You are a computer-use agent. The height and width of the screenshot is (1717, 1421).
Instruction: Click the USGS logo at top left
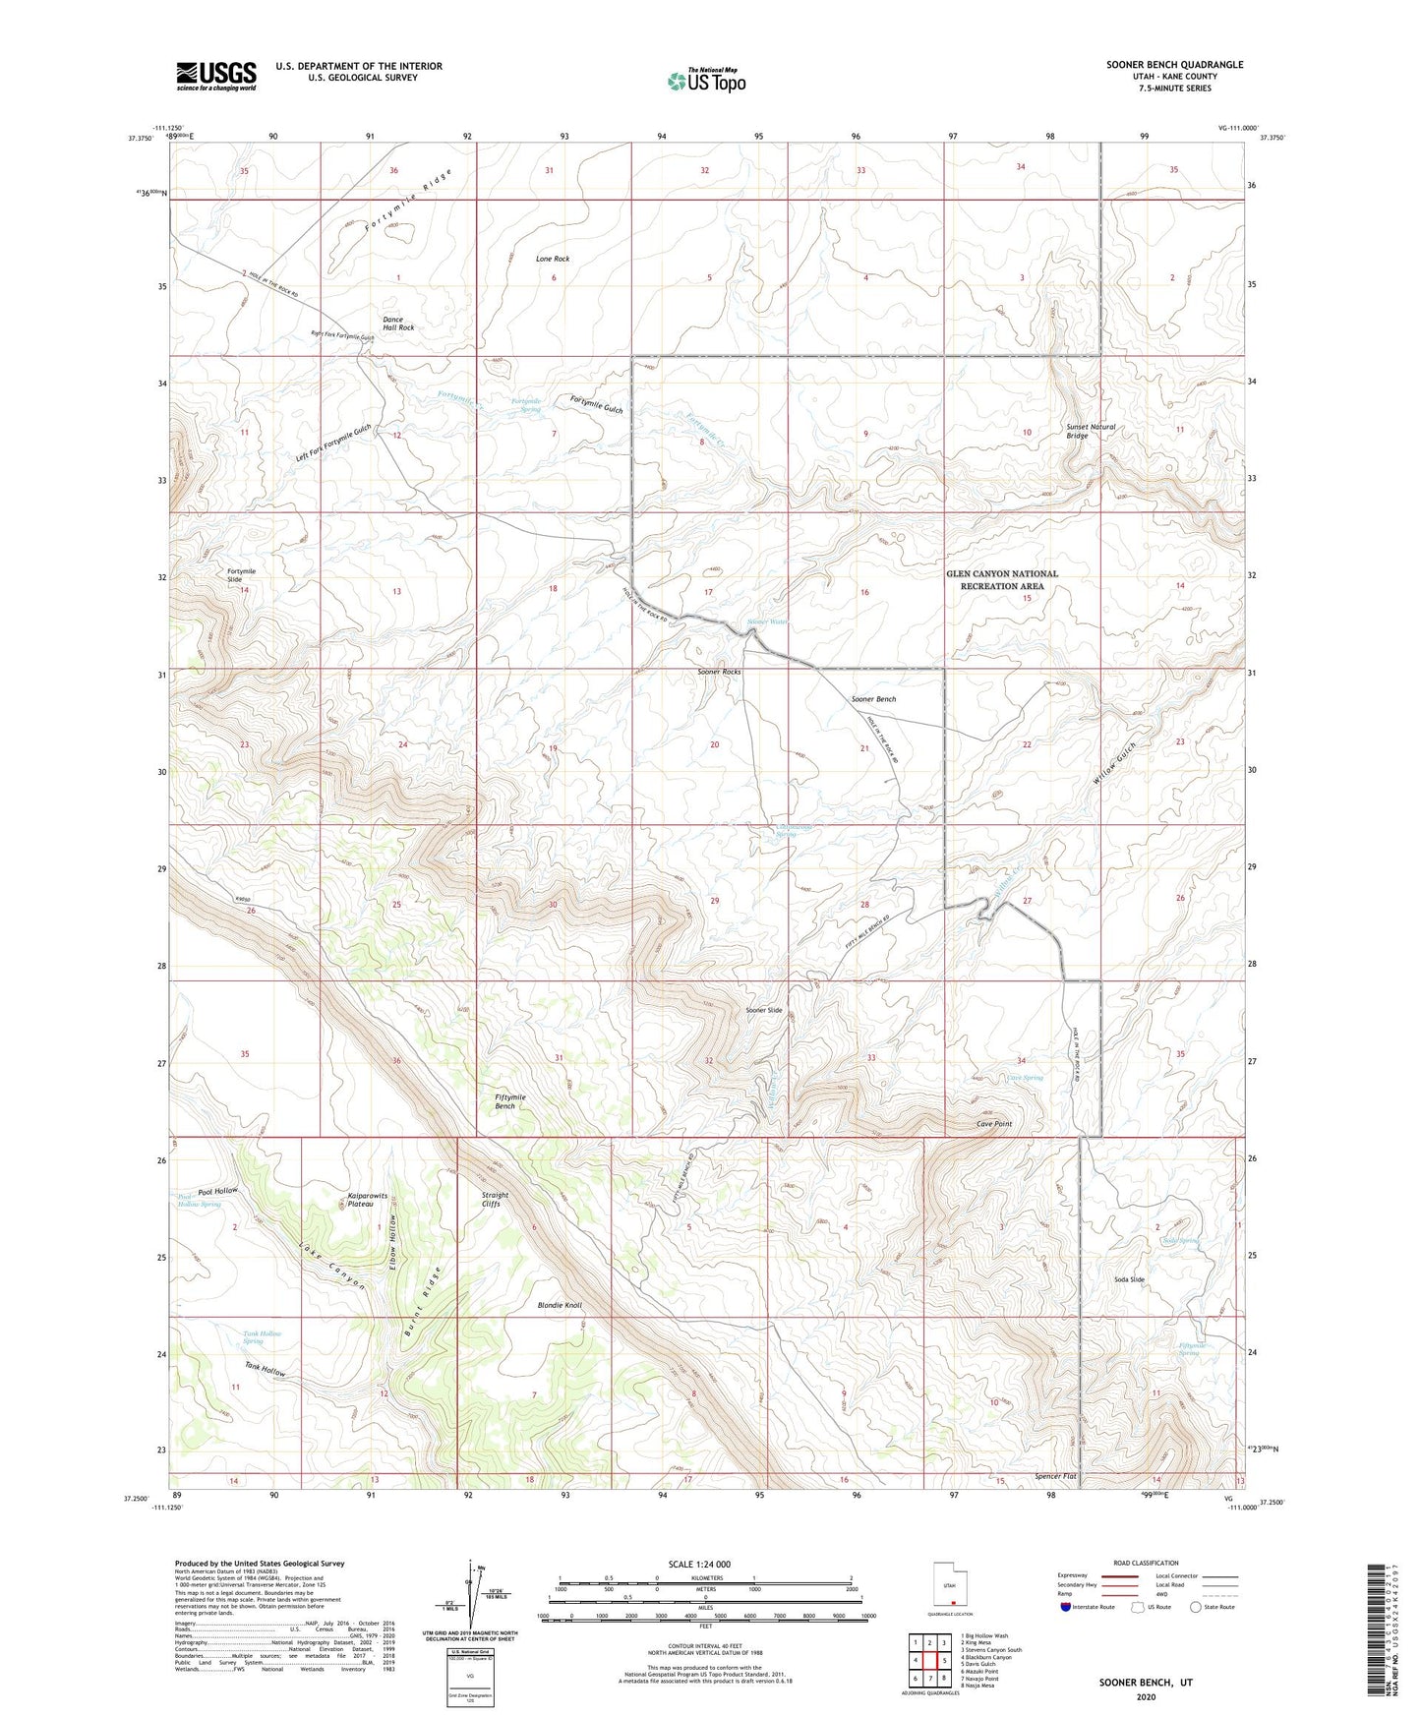click(x=216, y=76)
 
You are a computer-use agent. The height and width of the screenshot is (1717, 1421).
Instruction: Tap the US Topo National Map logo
click(x=705, y=80)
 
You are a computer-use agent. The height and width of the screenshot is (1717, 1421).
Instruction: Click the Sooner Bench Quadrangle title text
click(x=1174, y=65)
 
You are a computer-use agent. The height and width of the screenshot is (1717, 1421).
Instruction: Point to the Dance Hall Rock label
click(x=398, y=324)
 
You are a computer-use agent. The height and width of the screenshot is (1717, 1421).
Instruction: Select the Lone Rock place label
click(x=553, y=259)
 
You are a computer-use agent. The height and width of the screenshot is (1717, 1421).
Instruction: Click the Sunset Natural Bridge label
click(x=1091, y=431)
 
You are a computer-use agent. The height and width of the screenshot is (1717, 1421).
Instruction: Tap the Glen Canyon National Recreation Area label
click(x=1002, y=579)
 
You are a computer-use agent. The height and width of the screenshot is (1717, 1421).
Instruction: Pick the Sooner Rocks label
click(x=719, y=672)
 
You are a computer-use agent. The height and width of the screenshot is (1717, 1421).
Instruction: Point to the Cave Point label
click(x=993, y=1124)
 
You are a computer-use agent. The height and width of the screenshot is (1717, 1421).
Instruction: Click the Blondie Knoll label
click(x=560, y=1305)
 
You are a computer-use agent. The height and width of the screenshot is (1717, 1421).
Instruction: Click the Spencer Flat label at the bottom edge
click(x=1056, y=1477)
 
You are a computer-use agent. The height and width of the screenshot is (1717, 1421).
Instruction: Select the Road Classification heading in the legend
click(x=1145, y=1563)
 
